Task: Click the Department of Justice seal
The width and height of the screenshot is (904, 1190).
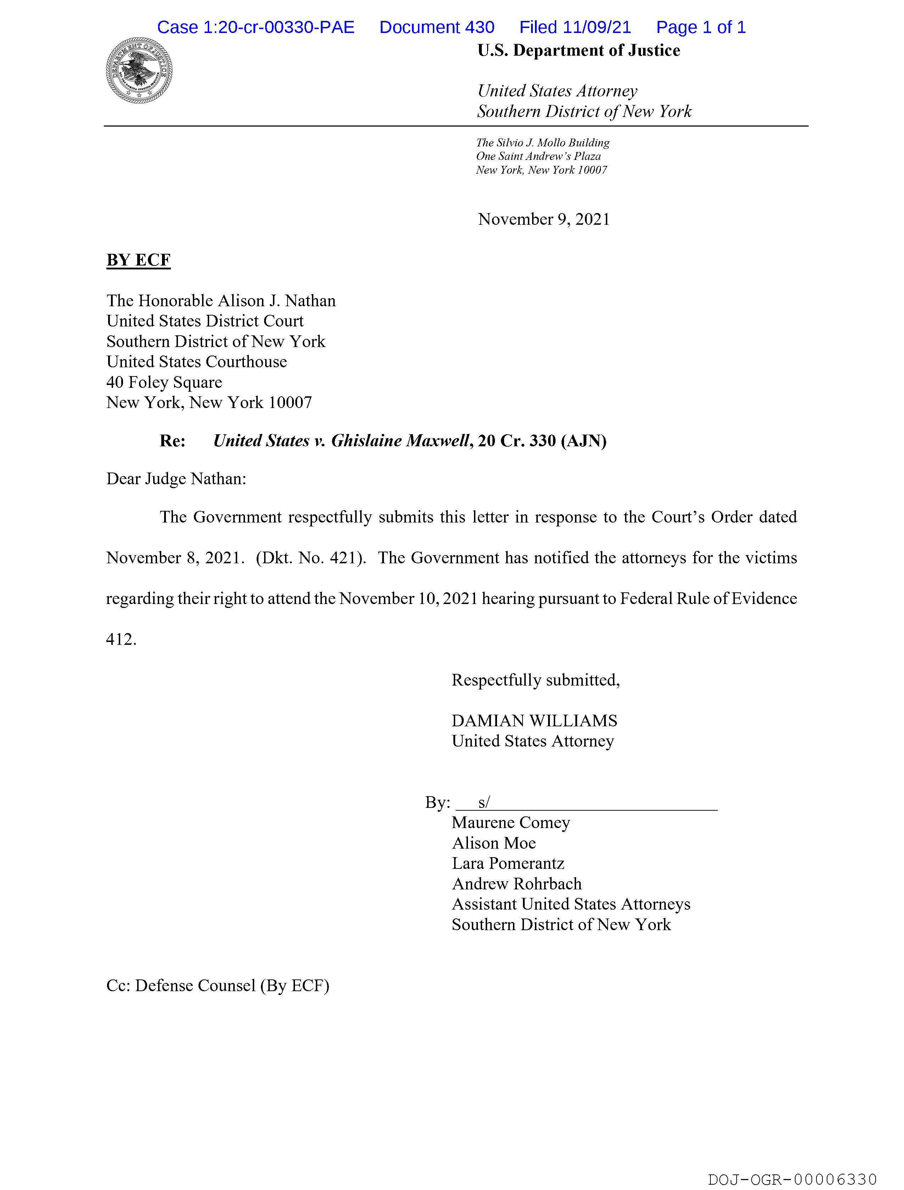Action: click(x=139, y=71)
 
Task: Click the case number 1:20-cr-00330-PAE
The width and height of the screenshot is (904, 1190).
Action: click(x=256, y=27)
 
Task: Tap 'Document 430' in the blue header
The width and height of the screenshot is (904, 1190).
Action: click(x=436, y=27)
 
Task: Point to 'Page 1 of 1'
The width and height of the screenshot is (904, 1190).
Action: click(x=701, y=27)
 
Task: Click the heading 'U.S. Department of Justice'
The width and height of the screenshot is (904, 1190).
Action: click(x=579, y=51)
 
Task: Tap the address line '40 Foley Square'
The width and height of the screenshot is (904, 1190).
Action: click(x=164, y=382)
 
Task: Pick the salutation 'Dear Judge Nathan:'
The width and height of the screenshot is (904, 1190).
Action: click(x=176, y=479)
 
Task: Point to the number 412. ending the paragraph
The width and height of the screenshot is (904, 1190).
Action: click(x=121, y=639)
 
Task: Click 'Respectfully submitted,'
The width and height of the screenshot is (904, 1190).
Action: click(x=535, y=680)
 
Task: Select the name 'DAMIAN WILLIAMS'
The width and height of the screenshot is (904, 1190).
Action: click(x=534, y=721)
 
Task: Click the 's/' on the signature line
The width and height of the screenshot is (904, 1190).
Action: click(x=484, y=802)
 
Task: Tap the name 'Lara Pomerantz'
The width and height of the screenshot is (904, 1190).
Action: click(x=508, y=864)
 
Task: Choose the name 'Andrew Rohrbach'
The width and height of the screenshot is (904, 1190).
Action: click(x=517, y=884)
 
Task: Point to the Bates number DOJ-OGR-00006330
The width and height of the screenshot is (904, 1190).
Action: click(x=792, y=1179)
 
